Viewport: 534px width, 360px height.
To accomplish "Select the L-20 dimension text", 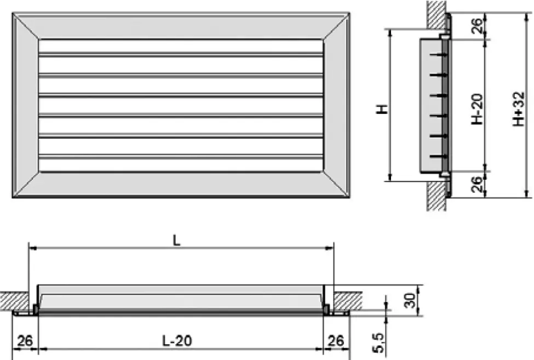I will pos(177,341).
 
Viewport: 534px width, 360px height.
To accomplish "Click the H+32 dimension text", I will pos(518,109).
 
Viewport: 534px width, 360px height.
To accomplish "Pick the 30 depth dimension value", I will pos(409,301).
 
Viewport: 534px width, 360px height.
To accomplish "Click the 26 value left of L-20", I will pos(25,341).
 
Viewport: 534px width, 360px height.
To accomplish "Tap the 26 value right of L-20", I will pos(335,341).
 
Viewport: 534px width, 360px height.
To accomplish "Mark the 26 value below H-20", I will pos(478,184).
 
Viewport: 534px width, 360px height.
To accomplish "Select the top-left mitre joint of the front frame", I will pos(26,26).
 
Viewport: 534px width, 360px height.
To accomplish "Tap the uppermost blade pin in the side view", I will pos(437,55).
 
